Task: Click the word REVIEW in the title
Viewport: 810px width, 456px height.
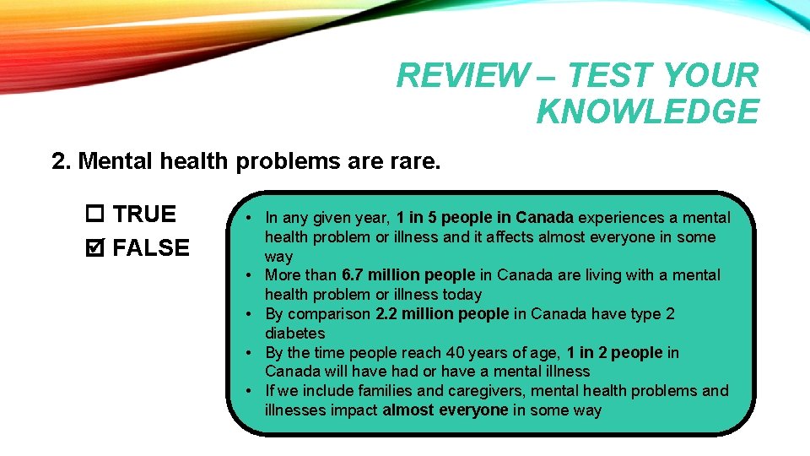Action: [x=459, y=76]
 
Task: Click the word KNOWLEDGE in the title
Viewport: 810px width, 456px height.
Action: [x=647, y=111]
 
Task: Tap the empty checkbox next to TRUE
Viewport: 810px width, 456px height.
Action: [x=94, y=214]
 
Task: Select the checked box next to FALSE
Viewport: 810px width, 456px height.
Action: [x=94, y=248]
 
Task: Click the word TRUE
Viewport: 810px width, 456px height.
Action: [x=144, y=214]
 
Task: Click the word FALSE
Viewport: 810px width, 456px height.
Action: [x=151, y=248]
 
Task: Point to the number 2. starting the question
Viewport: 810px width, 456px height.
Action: [x=61, y=161]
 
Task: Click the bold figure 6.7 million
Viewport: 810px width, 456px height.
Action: [x=374, y=275]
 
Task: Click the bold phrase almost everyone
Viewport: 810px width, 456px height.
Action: [x=445, y=410]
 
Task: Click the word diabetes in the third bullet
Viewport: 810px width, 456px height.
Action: [x=294, y=334]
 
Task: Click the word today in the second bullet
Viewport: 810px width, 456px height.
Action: [x=462, y=295]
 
